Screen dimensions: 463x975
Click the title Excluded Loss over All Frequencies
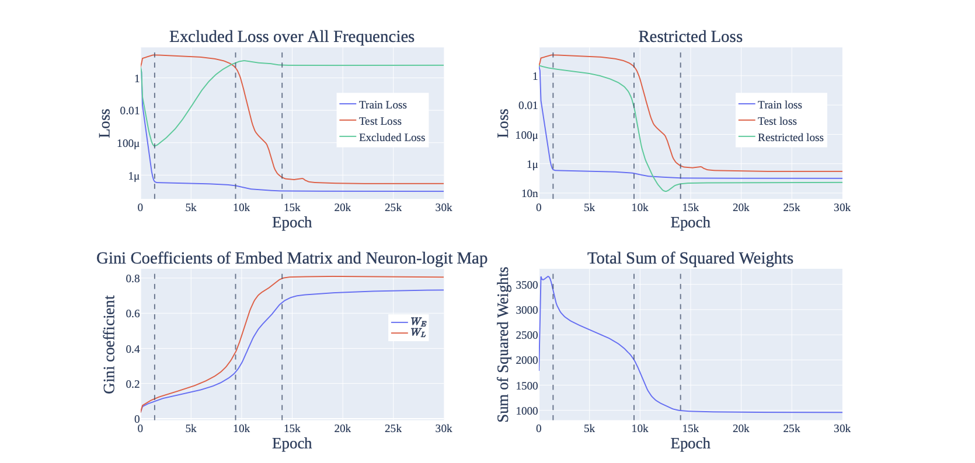pyautogui.click(x=291, y=37)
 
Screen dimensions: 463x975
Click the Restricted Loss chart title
pyautogui.click(x=690, y=37)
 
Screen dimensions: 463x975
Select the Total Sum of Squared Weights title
pyautogui.click(x=690, y=258)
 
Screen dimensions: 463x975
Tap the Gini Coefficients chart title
pyautogui.click(x=291, y=258)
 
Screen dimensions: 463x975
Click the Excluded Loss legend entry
pyautogui.click(x=391, y=138)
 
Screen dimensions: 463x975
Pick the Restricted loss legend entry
pyautogui.click(x=790, y=138)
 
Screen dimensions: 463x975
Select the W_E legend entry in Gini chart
pyautogui.click(x=417, y=322)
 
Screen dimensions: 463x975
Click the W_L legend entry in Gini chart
pyautogui.click(x=417, y=333)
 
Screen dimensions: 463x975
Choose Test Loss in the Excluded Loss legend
pyautogui.click(x=379, y=121)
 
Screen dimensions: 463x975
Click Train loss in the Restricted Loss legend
pyautogui.click(x=779, y=105)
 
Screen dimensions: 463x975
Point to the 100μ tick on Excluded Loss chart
pyautogui.click(x=128, y=143)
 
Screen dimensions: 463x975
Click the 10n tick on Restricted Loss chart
pyautogui.click(x=529, y=194)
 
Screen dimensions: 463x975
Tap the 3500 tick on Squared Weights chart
pyautogui.click(x=527, y=285)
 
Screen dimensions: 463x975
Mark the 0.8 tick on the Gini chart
pyautogui.click(x=133, y=279)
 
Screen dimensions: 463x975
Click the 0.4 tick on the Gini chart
pyautogui.click(x=133, y=349)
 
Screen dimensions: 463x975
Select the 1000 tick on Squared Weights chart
pyautogui.click(x=527, y=411)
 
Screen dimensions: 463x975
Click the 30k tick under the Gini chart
pyautogui.click(x=443, y=429)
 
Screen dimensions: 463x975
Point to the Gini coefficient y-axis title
pyautogui.click(x=109, y=344)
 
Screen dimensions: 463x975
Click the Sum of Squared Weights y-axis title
pyautogui.click(x=503, y=344)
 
